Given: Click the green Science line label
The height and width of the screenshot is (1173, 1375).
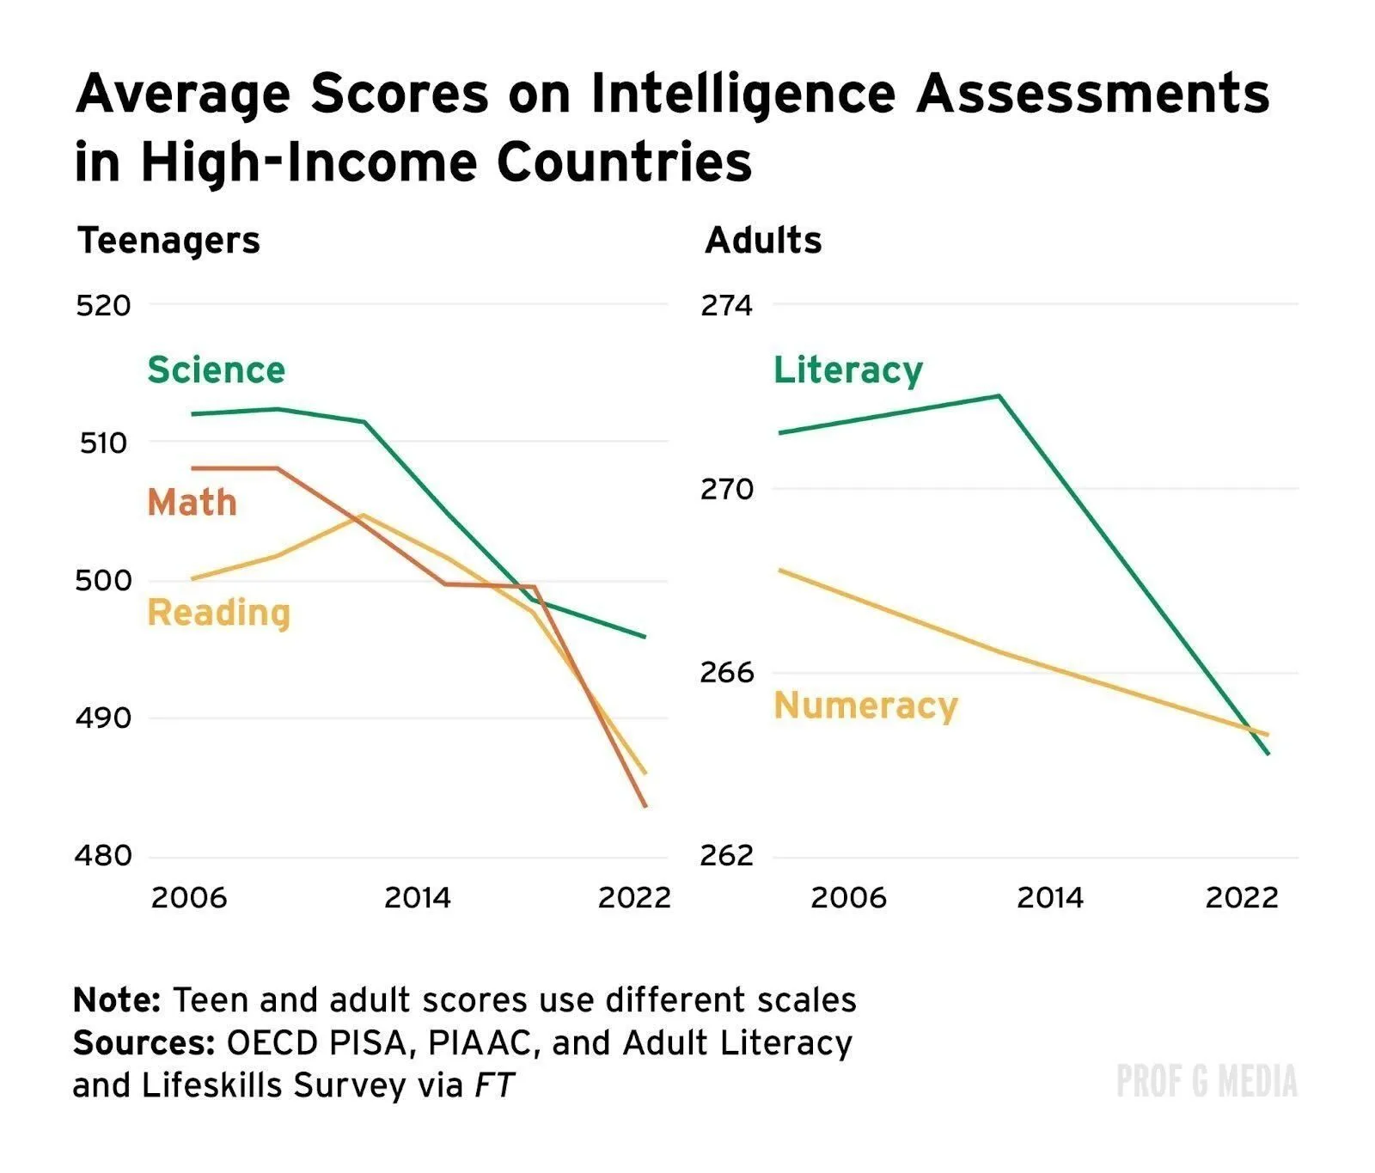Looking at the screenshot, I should (216, 370).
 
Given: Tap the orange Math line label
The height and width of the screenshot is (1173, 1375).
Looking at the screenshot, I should (192, 503).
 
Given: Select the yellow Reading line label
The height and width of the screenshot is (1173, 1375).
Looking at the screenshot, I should (219, 613).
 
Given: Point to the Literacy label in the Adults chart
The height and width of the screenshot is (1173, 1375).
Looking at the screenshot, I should (847, 370).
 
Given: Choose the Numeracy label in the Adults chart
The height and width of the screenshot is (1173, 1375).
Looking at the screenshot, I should (865, 706).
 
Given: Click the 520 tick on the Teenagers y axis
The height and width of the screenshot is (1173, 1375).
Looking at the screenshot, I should (103, 305).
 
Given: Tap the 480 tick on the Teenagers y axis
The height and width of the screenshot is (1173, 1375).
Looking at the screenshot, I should (103, 856).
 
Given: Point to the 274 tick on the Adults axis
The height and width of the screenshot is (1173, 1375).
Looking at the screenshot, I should (726, 305).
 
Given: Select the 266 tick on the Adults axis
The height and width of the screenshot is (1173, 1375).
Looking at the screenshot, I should (726, 672).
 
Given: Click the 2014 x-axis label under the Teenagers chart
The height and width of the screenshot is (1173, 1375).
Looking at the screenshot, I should (417, 898).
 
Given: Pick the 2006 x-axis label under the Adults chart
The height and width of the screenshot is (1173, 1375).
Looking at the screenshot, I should (848, 898).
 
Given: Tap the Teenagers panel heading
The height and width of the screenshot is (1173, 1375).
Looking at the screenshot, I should (168, 241).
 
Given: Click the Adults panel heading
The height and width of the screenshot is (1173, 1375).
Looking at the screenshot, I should (763, 241).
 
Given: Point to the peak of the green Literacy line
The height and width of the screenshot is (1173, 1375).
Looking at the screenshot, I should (999, 396).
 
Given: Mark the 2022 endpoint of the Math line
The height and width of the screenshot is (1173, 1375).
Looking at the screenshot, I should (645, 806).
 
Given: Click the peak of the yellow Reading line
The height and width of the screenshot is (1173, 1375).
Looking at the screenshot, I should (363, 515).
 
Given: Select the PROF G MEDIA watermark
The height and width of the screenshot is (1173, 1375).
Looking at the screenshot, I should (1207, 1081).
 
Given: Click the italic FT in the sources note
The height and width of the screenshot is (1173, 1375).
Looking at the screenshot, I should (494, 1085).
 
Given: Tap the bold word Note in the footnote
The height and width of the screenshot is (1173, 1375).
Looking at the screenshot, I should (117, 1001).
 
